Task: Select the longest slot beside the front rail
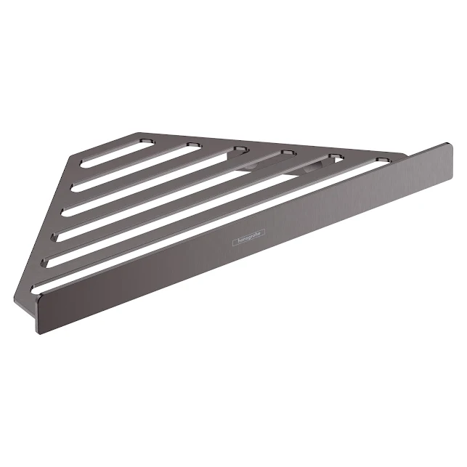[x=211, y=226]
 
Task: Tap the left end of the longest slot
[x=39, y=286]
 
